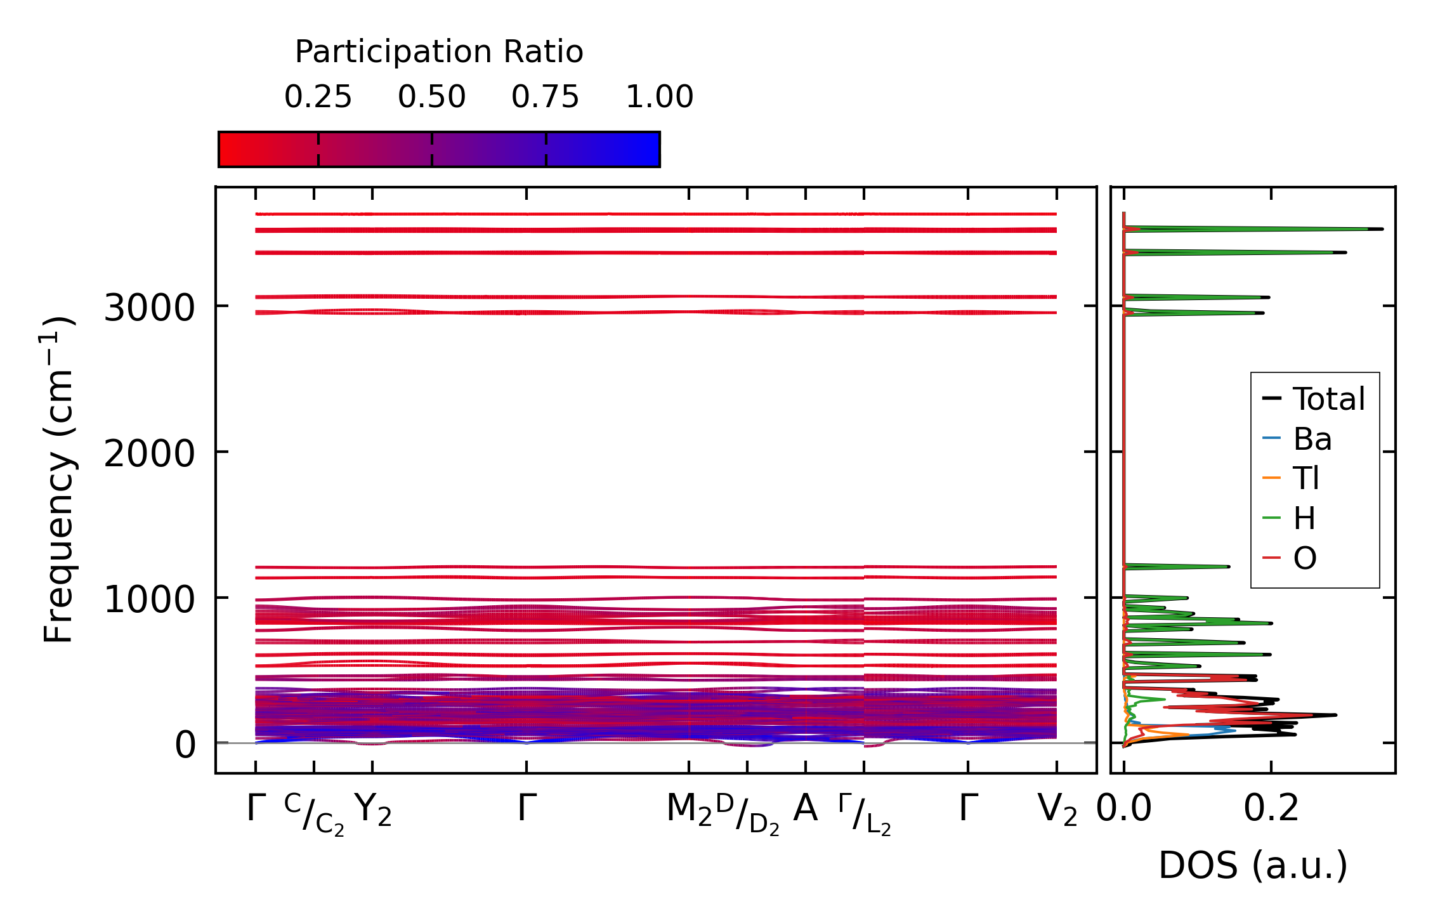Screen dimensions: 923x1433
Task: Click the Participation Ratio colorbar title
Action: tap(439, 52)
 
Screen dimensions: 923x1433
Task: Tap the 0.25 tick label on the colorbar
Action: tap(318, 97)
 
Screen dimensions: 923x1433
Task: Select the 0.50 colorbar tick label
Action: tap(432, 97)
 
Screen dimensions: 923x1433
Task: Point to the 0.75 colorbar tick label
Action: tap(546, 97)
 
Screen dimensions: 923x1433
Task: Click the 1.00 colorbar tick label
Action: tap(660, 97)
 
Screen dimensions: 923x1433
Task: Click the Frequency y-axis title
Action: tap(58, 480)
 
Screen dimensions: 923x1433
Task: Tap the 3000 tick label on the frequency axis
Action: tap(149, 309)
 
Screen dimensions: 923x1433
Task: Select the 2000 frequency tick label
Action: tap(149, 454)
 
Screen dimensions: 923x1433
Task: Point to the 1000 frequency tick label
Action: tap(149, 600)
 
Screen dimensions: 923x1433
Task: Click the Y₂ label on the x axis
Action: tap(373, 810)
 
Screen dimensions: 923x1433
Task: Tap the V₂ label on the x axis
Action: tap(1057, 810)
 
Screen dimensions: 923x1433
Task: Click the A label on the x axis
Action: tap(806, 809)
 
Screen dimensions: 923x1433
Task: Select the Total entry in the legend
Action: tap(1328, 399)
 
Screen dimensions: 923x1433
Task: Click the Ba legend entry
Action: tap(1312, 439)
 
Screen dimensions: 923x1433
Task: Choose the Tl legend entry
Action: tap(1306, 478)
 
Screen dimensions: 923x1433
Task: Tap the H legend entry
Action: tap(1304, 518)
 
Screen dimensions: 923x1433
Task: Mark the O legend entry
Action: tap(1305, 558)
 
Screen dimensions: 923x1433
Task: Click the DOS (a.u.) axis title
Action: tap(1253, 866)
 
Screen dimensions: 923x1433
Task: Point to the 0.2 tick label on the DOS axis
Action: tap(1271, 809)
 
